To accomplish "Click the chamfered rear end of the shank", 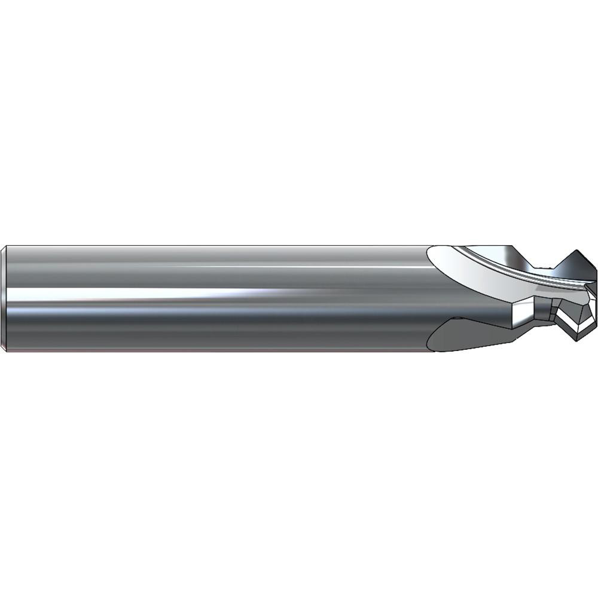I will coord(5,298).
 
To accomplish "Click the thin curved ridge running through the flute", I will coord(514,272).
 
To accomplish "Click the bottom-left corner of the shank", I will coord(6,350).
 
